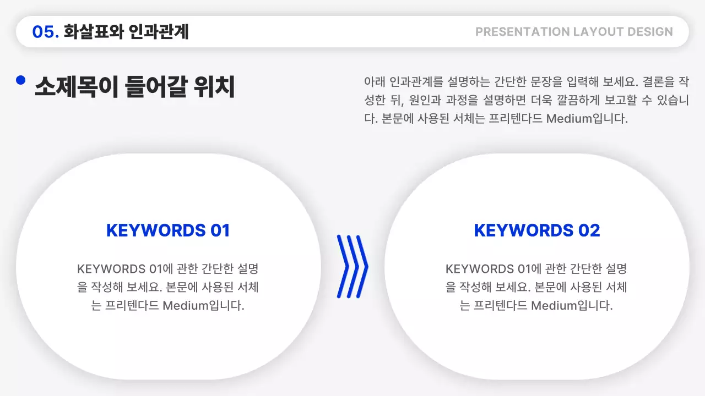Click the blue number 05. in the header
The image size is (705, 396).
[45, 32]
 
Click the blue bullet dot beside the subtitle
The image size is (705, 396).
[21, 80]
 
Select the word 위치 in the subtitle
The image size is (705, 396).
[214, 87]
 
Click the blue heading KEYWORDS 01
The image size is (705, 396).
[168, 230]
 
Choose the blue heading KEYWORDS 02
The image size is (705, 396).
[537, 230]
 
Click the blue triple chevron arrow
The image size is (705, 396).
[352, 266]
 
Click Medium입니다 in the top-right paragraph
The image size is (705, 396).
[587, 118]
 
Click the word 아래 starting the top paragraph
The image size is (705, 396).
[375, 82]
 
